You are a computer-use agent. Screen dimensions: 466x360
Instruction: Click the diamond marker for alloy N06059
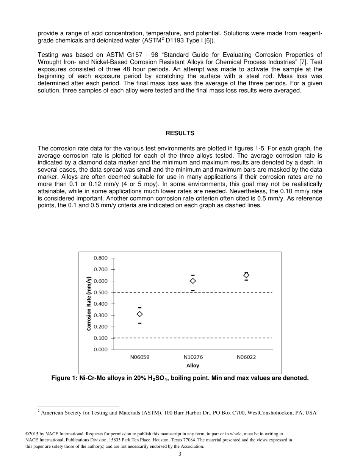click(139, 314)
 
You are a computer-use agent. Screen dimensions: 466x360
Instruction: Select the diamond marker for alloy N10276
click(193, 281)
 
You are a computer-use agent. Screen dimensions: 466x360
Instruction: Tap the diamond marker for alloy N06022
click(246, 275)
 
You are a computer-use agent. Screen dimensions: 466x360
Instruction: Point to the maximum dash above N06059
click(139, 308)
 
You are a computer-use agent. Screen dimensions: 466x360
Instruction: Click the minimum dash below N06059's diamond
click(139, 323)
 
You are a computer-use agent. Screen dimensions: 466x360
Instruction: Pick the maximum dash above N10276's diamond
click(193, 275)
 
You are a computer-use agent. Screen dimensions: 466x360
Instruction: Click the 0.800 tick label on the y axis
click(100, 258)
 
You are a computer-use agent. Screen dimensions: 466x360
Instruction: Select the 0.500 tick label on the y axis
click(100, 292)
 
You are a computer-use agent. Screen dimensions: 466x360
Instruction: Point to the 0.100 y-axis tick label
click(100, 338)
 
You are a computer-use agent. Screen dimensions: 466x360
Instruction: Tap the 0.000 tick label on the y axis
click(100, 349)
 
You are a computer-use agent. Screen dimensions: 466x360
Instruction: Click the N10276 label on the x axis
click(193, 357)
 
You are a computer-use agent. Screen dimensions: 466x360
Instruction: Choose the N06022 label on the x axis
click(246, 357)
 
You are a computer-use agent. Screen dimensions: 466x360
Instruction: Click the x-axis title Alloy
click(193, 366)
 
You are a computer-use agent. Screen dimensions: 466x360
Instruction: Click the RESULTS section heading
click(180, 133)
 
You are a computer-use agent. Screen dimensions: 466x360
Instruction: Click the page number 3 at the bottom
click(180, 454)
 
